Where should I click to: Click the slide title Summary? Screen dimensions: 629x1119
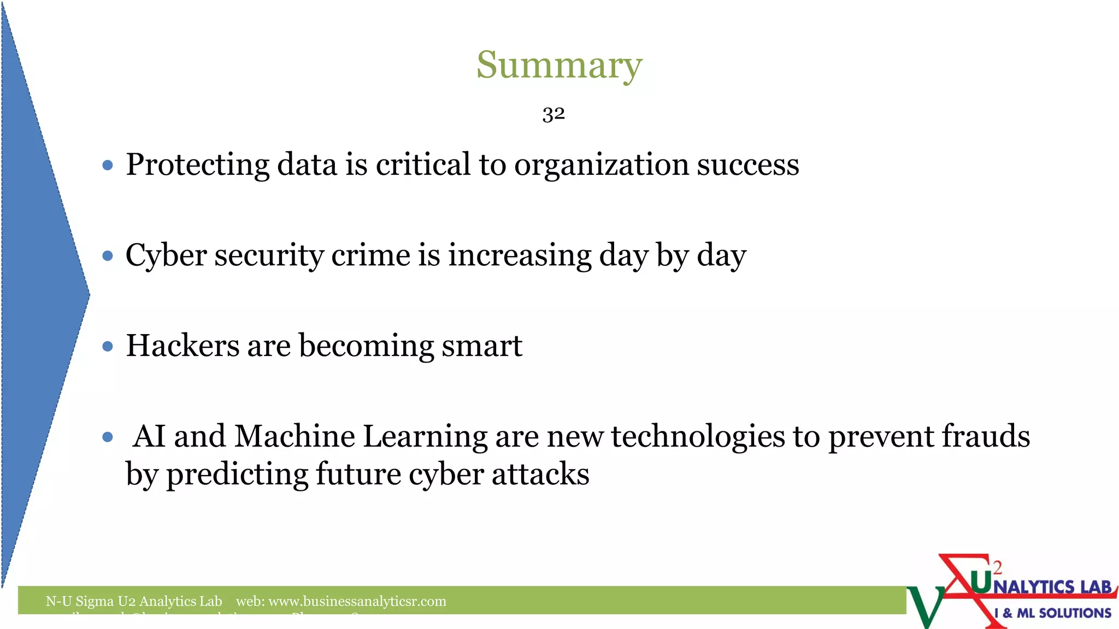click(x=559, y=65)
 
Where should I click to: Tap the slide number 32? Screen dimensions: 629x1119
click(x=553, y=114)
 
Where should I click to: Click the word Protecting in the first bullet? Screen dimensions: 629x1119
click(x=198, y=164)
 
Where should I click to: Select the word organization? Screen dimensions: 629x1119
click(x=601, y=164)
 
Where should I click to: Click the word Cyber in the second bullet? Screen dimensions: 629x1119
click(x=166, y=255)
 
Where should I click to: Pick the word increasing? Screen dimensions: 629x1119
click(x=520, y=255)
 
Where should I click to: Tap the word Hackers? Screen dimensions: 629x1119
click(x=182, y=346)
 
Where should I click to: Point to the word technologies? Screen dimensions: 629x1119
click(x=698, y=436)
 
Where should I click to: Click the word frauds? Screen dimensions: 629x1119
click(x=985, y=436)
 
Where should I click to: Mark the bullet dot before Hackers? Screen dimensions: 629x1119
click(x=108, y=346)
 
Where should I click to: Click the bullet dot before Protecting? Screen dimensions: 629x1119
click(x=108, y=165)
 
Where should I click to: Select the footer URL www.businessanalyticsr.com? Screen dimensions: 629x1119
click(x=357, y=601)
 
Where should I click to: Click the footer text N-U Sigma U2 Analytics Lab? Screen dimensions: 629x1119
click(x=134, y=601)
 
